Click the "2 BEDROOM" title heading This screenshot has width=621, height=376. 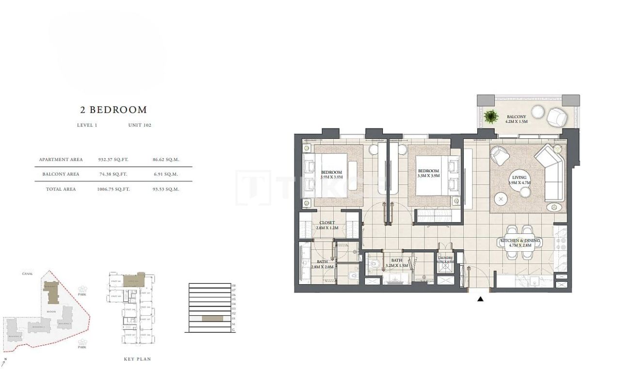pos(114,110)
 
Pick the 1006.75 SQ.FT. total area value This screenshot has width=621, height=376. pos(113,189)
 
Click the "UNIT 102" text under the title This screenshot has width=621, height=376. pos(140,125)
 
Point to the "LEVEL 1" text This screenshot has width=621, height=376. pos(87,125)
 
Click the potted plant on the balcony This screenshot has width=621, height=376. pos(491,117)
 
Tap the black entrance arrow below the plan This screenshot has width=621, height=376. pos(480,299)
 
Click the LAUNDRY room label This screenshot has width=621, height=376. pos(445,259)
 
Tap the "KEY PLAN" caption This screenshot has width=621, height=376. pos(138,359)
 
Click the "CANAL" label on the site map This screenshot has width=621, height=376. pos(27,274)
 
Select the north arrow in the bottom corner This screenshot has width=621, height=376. pos(4,362)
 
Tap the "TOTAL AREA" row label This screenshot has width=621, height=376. pos(61,189)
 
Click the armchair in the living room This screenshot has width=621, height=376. pos(500,156)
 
